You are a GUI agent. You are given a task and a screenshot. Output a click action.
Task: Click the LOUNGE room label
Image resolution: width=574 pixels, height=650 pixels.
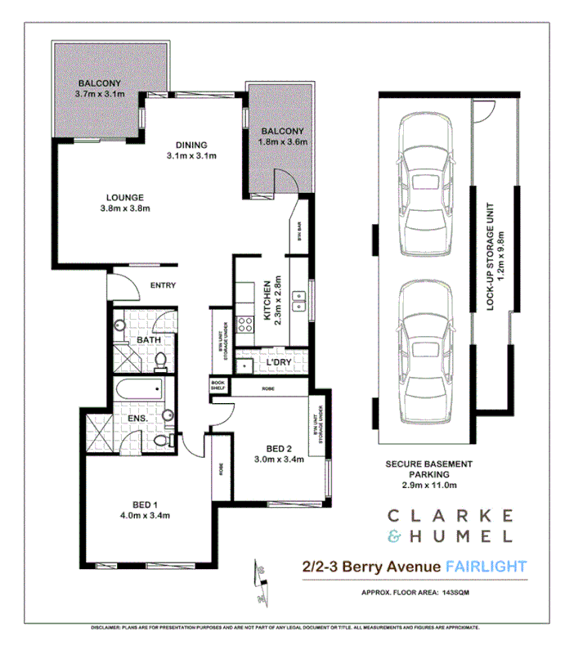(x=124, y=197)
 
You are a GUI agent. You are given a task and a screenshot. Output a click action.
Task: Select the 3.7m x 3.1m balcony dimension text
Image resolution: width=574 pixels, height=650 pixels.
(x=99, y=95)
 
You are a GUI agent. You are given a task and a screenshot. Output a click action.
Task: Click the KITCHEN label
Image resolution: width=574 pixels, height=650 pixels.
(x=267, y=300)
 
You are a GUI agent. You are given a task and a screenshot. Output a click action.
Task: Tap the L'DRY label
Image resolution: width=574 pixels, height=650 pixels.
(x=269, y=361)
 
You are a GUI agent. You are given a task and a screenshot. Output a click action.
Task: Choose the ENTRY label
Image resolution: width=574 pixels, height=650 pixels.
(x=164, y=285)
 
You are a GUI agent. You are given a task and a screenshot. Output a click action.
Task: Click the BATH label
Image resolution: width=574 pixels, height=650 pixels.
(x=148, y=339)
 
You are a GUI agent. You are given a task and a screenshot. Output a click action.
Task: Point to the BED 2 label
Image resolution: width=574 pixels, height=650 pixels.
(x=279, y=448)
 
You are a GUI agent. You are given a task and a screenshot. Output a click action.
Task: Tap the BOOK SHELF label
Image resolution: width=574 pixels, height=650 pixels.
(x=217, y=384)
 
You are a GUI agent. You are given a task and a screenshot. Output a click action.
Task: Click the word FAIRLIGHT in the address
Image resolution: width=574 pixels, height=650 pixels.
(x=486, y=566)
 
